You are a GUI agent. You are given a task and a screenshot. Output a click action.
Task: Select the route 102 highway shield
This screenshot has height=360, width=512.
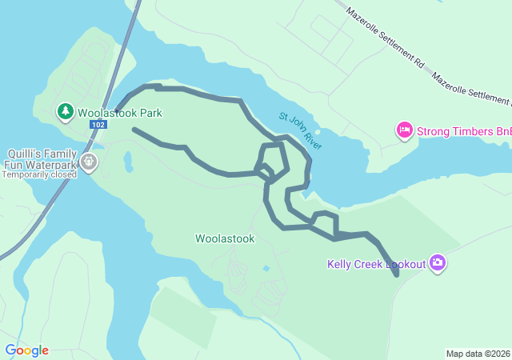98,125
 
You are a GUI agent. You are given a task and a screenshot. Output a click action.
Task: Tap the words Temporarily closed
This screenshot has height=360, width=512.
38,174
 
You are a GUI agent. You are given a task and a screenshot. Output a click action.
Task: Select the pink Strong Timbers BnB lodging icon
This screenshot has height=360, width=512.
404,130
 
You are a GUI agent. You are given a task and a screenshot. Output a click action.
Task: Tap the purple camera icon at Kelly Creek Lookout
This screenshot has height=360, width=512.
437,262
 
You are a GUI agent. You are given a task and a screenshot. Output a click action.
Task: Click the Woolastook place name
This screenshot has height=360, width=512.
225,238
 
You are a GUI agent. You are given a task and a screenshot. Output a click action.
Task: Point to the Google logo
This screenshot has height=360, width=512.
26,350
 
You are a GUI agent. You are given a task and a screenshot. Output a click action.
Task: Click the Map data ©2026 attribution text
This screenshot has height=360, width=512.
477,354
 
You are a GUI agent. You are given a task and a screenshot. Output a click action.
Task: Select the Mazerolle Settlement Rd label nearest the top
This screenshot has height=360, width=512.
386,38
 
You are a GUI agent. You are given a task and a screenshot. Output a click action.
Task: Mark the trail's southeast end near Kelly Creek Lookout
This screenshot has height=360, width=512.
397,275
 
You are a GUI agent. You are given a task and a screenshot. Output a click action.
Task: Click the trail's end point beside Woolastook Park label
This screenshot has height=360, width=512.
118,110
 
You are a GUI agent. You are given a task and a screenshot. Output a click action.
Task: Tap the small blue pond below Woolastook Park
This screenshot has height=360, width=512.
128,162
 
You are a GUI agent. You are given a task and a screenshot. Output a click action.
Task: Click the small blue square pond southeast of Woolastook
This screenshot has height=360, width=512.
266,269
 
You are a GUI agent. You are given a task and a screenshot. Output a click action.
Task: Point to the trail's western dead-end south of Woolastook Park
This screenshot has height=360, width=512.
134,130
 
